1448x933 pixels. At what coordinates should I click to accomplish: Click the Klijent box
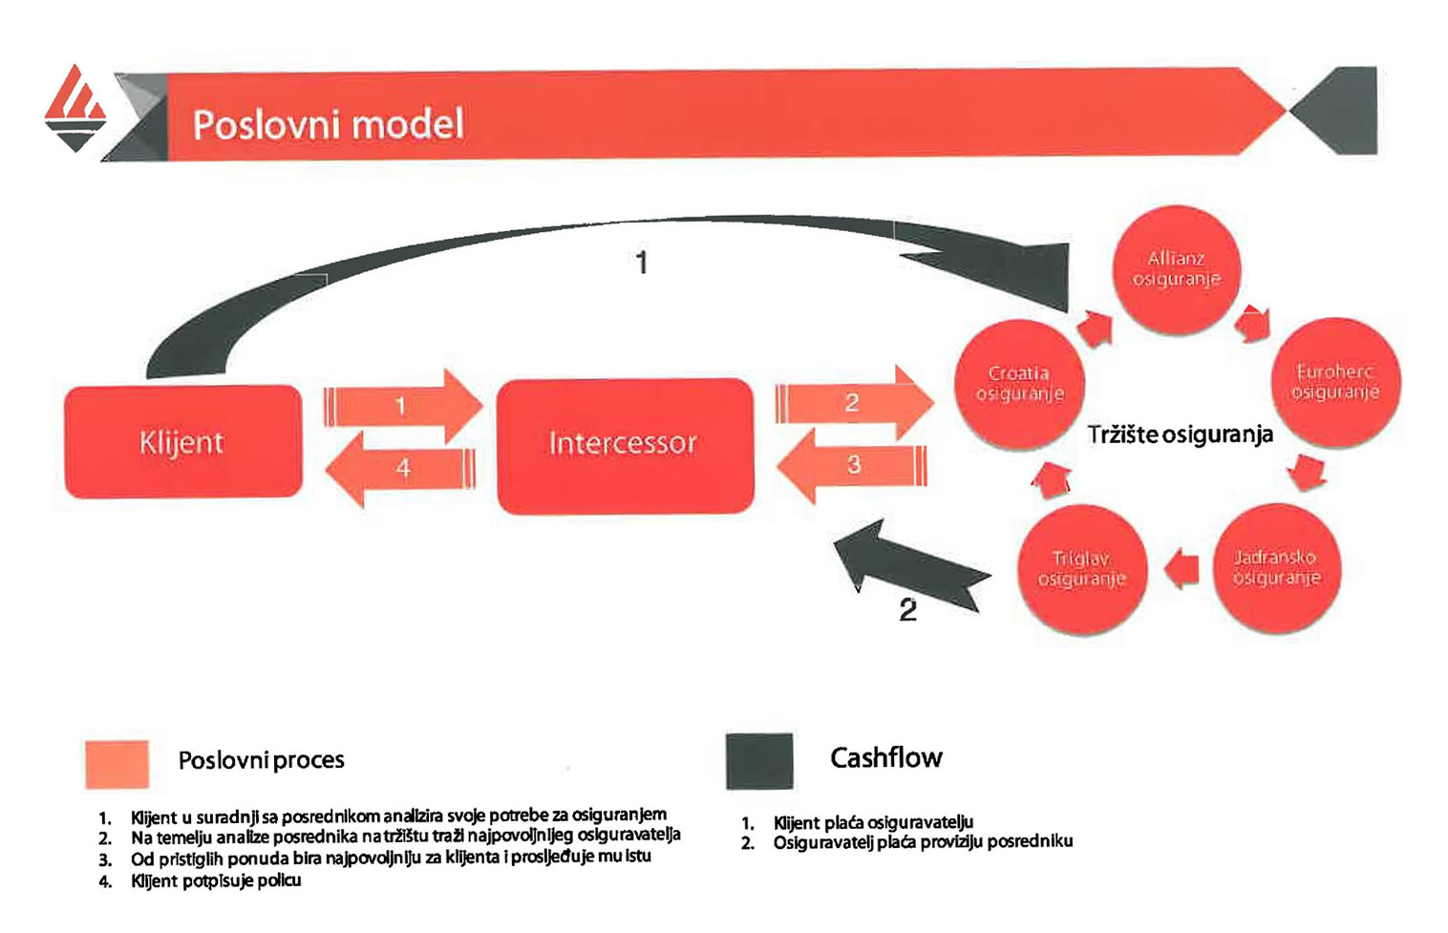[182, 441]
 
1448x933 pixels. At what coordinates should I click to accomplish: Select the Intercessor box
[625, 445]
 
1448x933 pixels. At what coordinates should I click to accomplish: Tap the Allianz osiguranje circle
[1176, 268]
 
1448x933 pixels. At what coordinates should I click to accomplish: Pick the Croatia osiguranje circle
[1019, 384]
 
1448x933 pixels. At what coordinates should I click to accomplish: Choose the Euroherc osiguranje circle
[1334, 382]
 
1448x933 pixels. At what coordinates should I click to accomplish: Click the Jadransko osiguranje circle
[1275, 568]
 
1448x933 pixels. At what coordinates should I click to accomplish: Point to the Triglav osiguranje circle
[1081, 569]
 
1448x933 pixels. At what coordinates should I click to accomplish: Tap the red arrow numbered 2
[853, 402]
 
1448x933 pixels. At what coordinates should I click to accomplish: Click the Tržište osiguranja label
[1180, 435]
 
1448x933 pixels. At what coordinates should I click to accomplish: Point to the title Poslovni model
[328, 125]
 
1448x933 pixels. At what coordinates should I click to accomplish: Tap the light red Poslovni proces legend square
[117, 764]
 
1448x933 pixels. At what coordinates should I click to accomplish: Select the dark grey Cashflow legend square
[758, 761]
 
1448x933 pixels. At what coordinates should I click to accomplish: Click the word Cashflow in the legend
[885, 758]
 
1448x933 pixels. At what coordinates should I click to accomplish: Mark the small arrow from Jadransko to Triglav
[1182, 568]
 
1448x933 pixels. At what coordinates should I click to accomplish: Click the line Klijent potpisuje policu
[216, 880]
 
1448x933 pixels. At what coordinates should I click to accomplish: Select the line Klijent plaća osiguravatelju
[873, 822]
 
